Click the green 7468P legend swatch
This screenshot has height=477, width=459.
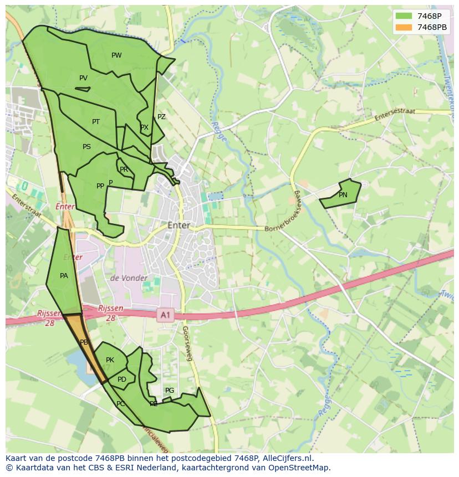tap(404, 16)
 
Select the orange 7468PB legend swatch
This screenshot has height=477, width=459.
tap(404, 27)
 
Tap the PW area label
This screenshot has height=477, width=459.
tap(116, 55)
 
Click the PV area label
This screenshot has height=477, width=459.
tap(83, 78)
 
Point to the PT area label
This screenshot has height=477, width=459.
tap(96, 122)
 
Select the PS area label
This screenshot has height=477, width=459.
tap(86, 147)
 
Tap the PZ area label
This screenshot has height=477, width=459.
tap(161, 117)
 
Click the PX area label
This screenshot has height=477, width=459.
tap(144, 127)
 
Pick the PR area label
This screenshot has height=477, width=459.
tap(124, 170)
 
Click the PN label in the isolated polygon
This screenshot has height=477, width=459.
tap(343, 195)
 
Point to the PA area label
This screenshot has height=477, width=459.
tap(64, 276)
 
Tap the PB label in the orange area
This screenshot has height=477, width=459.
tap(84, 342)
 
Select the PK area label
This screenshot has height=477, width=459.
tap(110, 360)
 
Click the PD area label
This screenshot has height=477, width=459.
tap(122, 379)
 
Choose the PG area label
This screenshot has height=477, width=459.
tap(170, 391)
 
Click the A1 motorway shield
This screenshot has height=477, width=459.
tap(165, 315)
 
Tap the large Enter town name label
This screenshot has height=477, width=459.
tap(178, 225)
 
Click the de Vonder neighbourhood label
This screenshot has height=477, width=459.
tap(129, 278)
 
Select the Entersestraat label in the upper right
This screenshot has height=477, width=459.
tap(395, 115)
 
